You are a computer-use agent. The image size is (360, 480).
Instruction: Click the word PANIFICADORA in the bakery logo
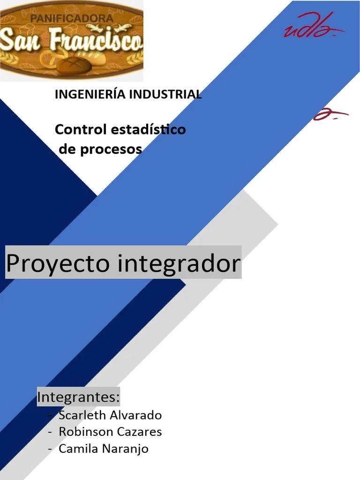[x=72, y=19]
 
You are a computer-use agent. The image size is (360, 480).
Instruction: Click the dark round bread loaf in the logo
[x=74, y=64]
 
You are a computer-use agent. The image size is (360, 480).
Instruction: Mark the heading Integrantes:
[x=78, y=397]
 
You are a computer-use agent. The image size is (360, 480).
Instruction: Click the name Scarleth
[x=82, y=415]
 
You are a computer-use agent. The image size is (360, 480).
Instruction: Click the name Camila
[x=76, y=449]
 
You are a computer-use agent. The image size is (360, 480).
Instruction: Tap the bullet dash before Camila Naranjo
[x=50, y=449]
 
